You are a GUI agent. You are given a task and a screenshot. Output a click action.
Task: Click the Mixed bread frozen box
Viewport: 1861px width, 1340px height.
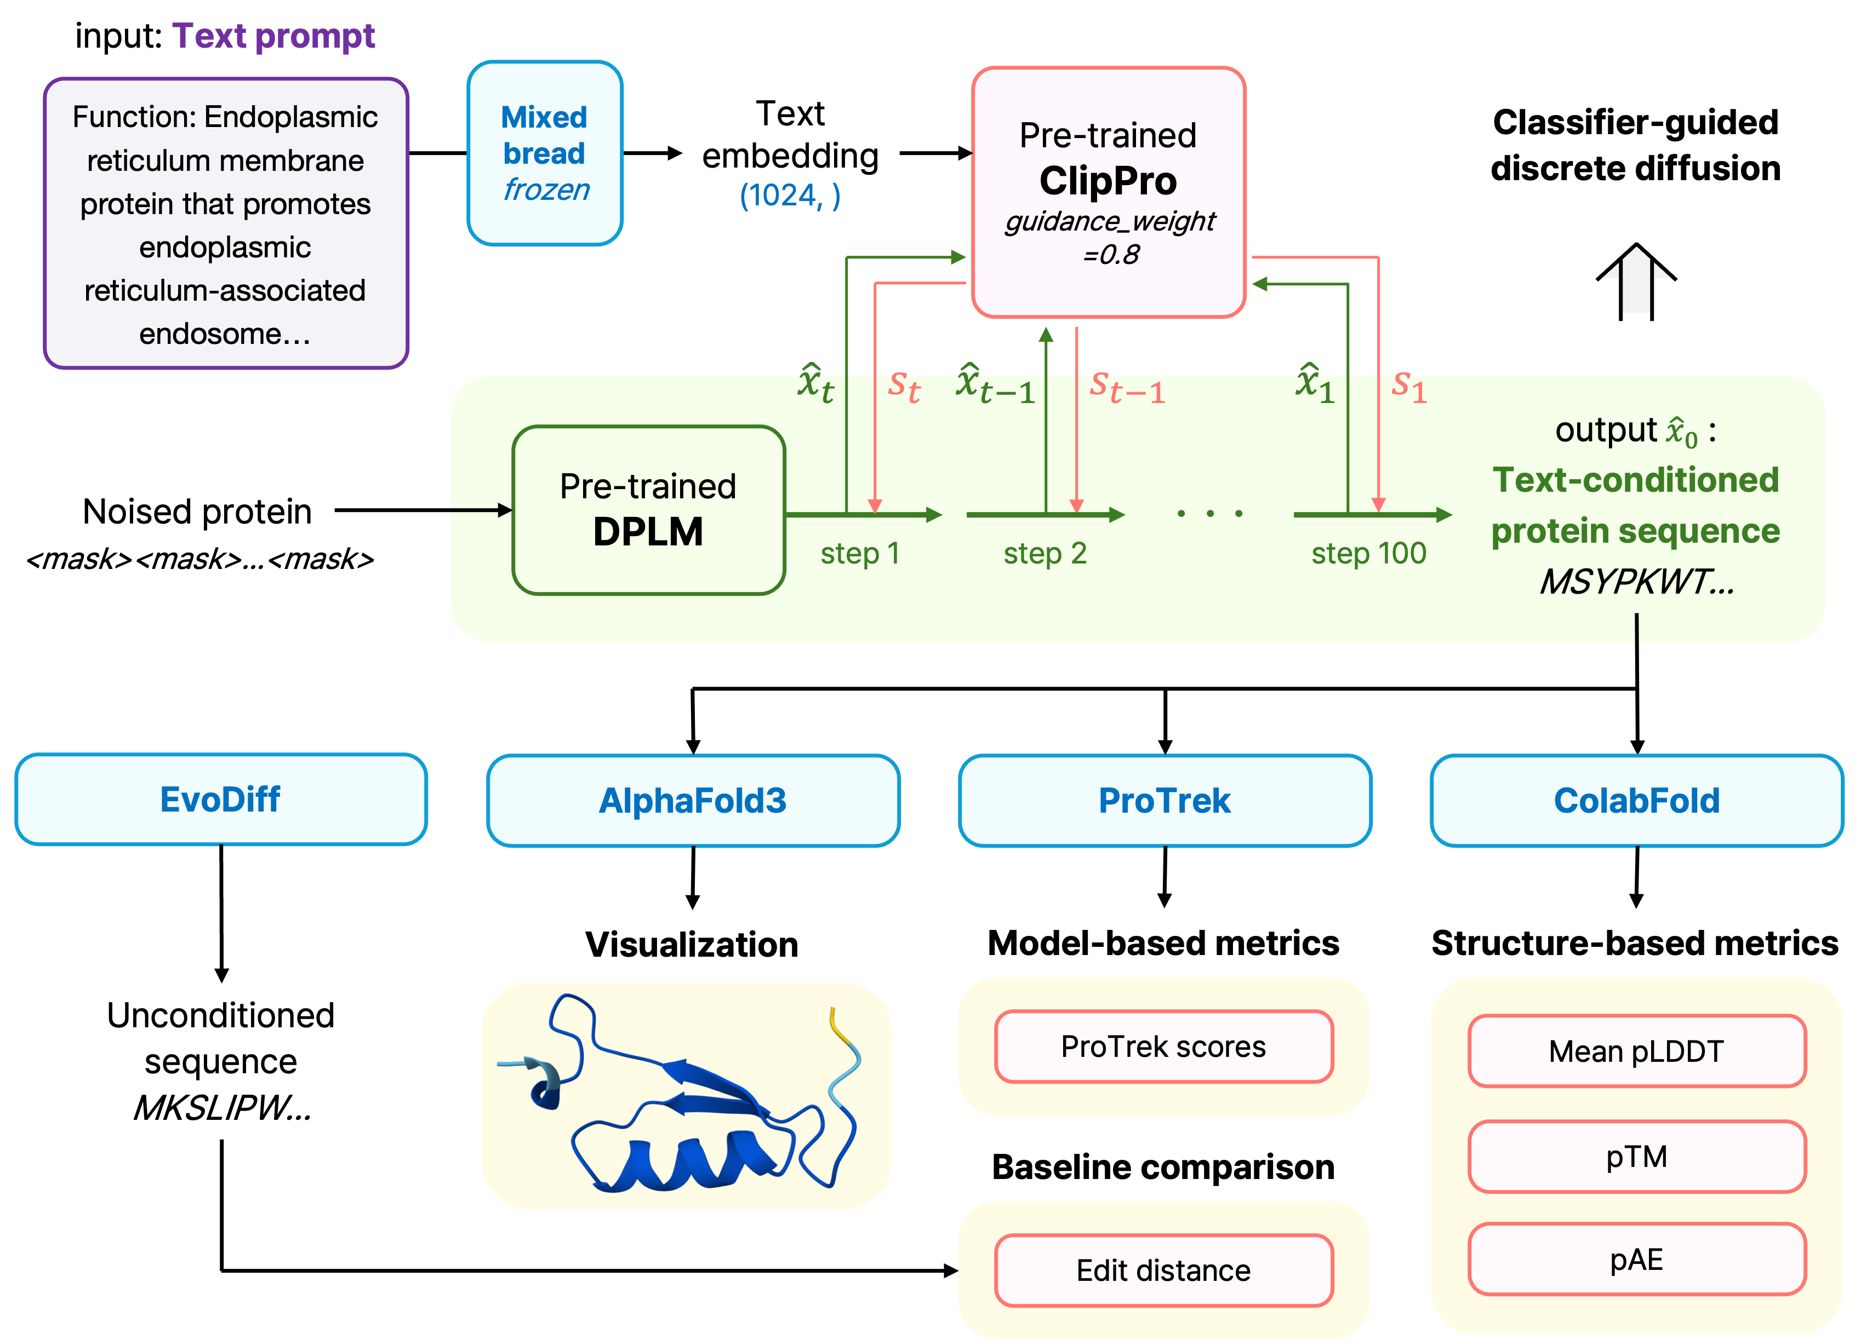click(545, 153)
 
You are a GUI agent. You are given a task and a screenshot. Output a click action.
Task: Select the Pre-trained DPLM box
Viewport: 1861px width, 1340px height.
click(648, 510)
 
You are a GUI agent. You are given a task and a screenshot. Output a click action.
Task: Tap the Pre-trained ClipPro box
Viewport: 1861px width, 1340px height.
click(1109, 192)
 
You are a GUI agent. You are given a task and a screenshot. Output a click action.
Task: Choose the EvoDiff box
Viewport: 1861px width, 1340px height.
click(221, 800)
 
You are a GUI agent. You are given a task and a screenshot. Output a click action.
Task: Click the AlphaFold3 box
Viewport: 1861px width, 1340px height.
click(693, 801)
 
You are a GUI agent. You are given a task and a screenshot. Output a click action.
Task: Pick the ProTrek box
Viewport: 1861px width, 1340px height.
click(1164, 801)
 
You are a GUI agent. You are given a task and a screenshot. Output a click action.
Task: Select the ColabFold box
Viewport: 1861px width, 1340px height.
click(1636, 801)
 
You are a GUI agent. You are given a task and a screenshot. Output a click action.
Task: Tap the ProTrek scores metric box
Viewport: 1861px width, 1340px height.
click(1163, 1046)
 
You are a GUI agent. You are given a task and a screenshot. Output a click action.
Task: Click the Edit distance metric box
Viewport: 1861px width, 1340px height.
click(1163, 1270)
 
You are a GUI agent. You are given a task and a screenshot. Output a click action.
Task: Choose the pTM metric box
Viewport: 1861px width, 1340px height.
click(1637, 1157)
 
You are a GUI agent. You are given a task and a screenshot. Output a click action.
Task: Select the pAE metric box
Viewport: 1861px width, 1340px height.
click(1637, 1260)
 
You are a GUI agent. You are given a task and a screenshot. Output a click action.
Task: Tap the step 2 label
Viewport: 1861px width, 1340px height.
click(1044, 554)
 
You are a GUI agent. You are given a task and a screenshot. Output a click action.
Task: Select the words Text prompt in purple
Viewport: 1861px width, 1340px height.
click(273, 36)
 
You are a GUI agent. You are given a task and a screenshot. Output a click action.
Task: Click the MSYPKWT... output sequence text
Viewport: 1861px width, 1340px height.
click(1636, 582)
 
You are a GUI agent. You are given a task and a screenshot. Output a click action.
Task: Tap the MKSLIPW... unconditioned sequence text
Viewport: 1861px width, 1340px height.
click(221, 1108)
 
